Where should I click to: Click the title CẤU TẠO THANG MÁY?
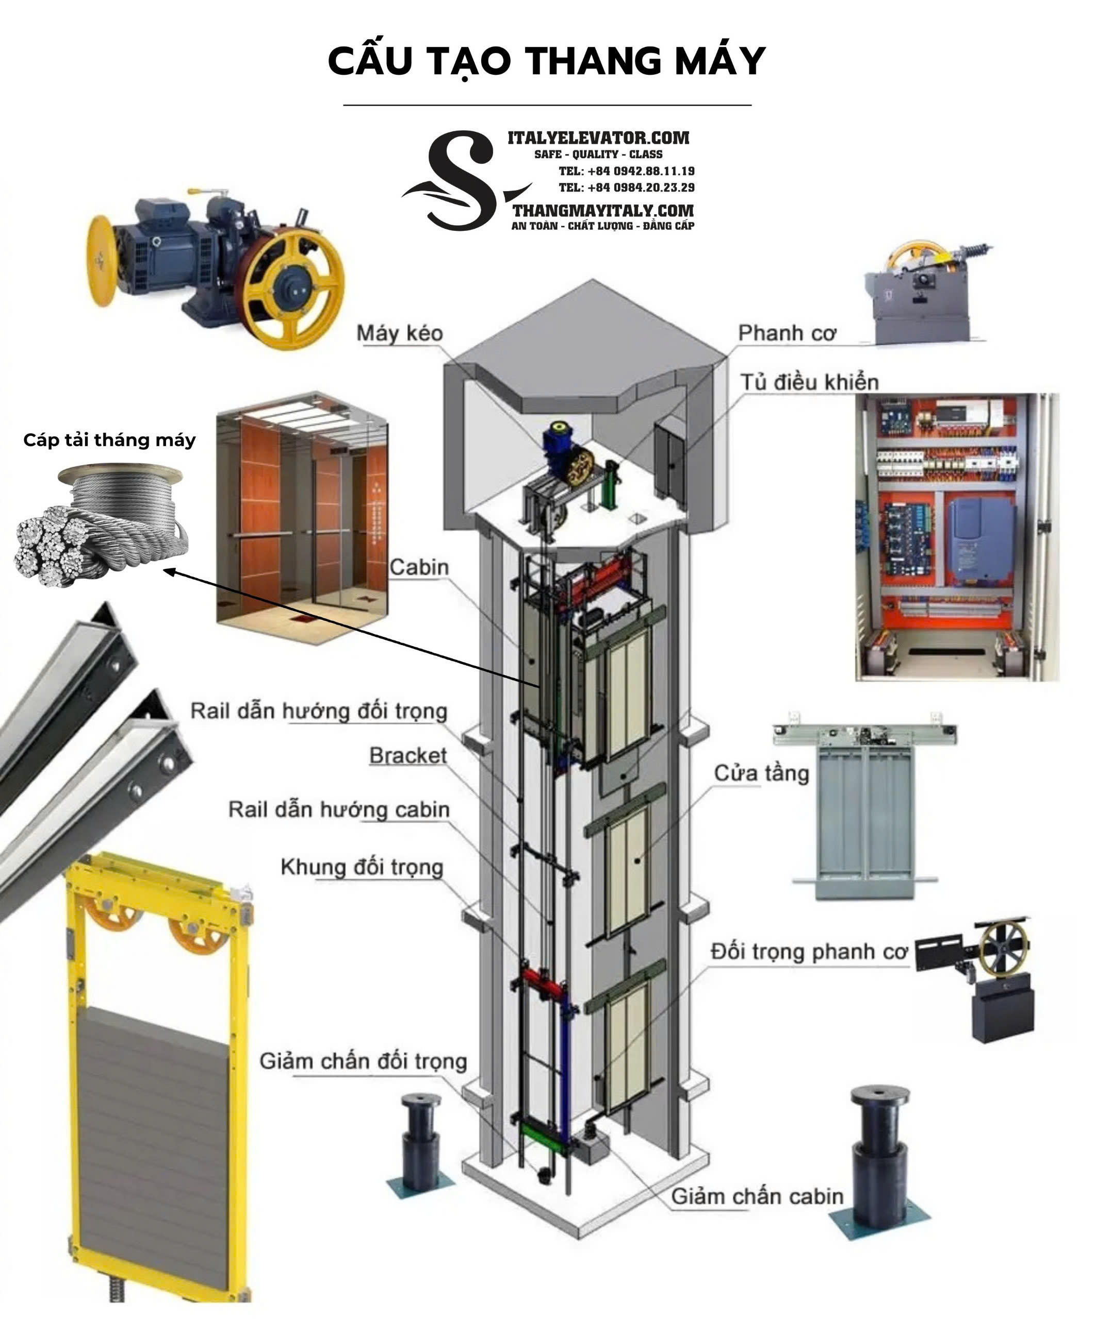(546, 61)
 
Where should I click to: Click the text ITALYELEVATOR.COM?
(598, 138)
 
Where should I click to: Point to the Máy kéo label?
(400, 333)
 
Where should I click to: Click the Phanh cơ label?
(787, 333)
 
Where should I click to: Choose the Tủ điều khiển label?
(809, 382)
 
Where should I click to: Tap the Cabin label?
(419, 567)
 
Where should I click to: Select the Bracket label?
(408, 755)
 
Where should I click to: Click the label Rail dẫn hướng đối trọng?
(319, 711)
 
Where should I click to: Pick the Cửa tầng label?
(761, 772)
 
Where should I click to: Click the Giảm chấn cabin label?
(758, 1196)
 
